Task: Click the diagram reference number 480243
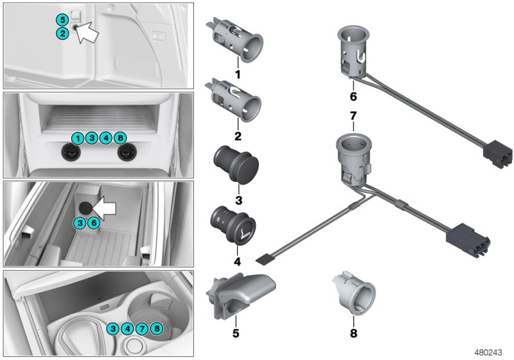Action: (x=491, y=353)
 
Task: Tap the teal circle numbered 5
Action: (x=62, y=19)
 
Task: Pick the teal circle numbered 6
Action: (x=94, y=222)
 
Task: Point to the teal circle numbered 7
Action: (x=143, y=330)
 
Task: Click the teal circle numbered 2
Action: (x=62, y=33)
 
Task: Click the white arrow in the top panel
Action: (x=88, y=32)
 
